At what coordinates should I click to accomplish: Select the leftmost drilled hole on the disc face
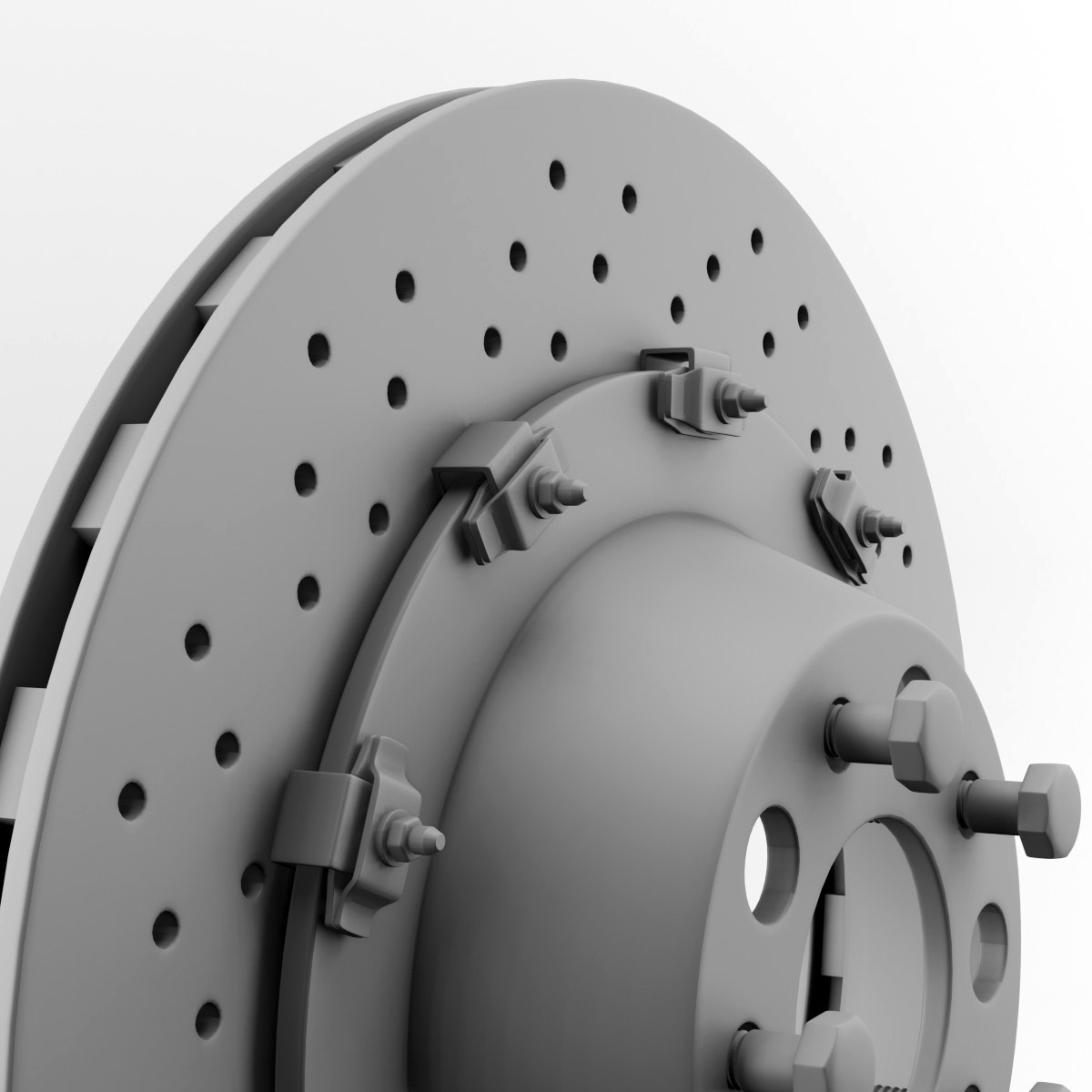[133, 797]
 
